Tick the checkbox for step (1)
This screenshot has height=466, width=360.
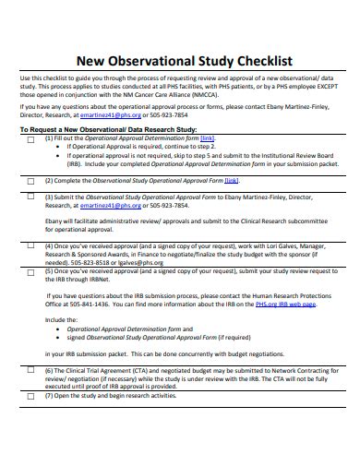point(31,138)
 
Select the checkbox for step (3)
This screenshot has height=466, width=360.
point(31,198)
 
